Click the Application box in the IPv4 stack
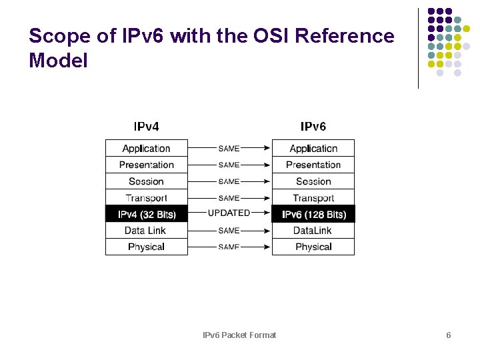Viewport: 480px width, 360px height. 146,148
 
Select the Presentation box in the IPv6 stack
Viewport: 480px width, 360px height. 313,165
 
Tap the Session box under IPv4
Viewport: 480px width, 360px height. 146,181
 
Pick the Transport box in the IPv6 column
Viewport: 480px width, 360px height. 313,198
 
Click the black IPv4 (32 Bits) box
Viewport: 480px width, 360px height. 146,214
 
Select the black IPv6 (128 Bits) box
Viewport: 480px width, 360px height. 313,214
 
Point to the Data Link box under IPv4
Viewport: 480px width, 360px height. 146,231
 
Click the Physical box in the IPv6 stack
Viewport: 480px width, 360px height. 313,247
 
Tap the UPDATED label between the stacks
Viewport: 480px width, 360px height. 229,213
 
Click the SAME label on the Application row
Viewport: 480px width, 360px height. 229,148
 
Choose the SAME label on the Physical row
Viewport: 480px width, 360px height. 229,247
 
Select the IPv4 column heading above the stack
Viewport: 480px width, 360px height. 147,126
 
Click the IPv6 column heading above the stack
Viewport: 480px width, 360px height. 313,126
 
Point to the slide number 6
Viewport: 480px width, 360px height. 449,335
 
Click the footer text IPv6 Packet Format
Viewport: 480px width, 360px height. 239,335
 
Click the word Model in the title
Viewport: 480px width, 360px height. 59,61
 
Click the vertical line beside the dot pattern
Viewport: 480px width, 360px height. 419,48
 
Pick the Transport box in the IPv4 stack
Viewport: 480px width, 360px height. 146,198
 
